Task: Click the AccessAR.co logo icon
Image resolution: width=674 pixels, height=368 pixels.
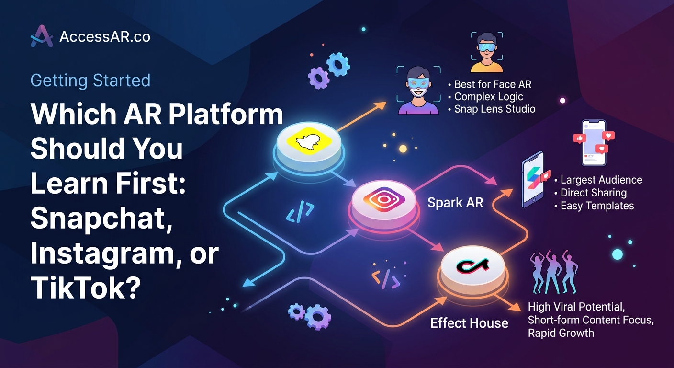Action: (42, 37)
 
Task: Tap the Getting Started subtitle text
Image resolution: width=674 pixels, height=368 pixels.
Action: (90, 80)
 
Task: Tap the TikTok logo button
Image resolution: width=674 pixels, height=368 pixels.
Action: (472, 266)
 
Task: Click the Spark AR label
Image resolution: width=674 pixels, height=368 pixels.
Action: (455, 203)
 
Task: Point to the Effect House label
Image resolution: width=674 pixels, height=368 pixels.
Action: (469, 323)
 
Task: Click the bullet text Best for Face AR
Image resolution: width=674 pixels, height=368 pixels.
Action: (493, 84)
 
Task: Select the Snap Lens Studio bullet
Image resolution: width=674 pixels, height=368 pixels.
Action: (494, 109)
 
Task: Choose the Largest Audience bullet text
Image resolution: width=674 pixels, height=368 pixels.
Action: (601, 180)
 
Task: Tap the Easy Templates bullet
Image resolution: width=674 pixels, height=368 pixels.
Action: (597, 206)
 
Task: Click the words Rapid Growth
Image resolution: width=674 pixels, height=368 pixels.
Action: (561, 333)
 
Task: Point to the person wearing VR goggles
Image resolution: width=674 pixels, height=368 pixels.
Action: (486, 52)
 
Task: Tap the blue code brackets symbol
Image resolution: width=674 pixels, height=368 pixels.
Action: (300, 211)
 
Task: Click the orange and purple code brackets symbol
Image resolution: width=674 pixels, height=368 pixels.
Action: (385, 278)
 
